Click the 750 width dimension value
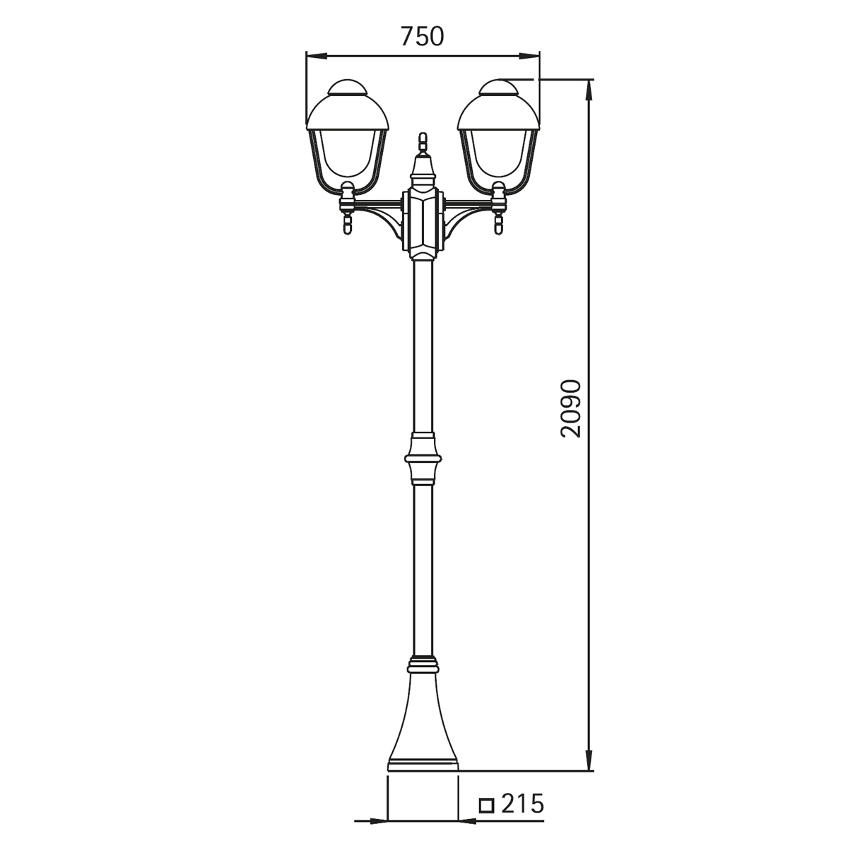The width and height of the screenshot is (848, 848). tap(422, 37)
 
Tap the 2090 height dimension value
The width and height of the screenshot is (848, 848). tap(571, 409)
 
